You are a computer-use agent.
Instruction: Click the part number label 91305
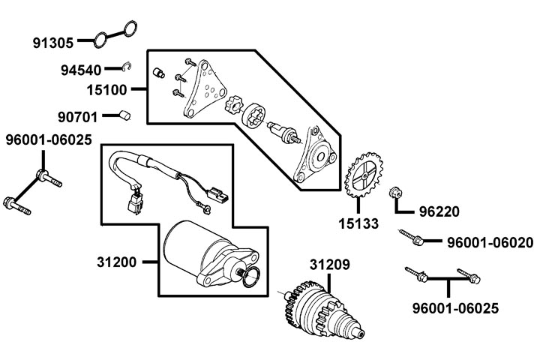point(54,42)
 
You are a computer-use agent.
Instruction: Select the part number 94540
point(80,70)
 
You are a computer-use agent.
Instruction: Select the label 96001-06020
point(490,243)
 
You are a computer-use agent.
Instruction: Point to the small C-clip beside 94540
point(127,67)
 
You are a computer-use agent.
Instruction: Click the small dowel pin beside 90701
point(125,115)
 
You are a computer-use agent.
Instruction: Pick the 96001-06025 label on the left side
point(49,140)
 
